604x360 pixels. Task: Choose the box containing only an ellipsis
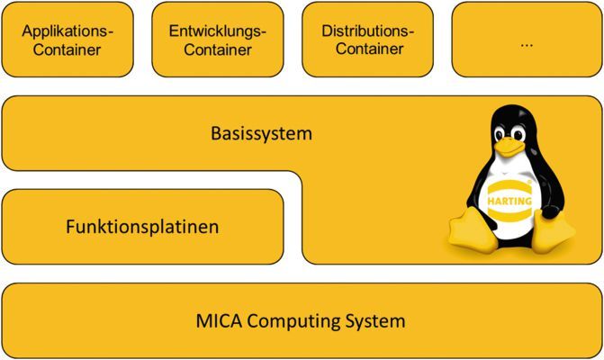point(526,40)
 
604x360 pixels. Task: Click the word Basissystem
point(261,135)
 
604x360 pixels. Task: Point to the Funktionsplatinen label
point(142,227)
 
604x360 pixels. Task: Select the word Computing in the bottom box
point(294,321)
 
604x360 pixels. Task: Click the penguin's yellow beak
point(510,144)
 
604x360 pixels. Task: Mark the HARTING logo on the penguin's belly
point(509,200)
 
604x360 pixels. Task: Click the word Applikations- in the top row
point(73,31)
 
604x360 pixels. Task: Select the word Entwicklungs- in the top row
point(219,31)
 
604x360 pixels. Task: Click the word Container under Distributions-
point(370,49)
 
